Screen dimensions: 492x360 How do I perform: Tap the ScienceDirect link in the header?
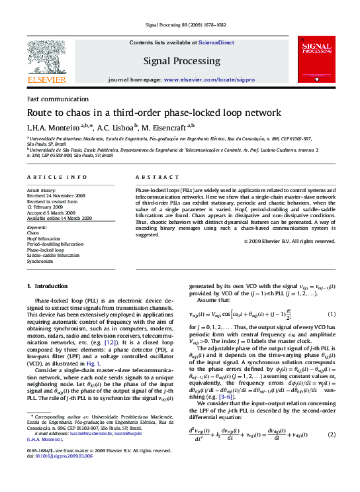tap(216, 42)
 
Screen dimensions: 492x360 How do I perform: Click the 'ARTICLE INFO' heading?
tap(56, 177)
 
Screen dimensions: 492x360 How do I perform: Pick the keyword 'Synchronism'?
tap(40, 262)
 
